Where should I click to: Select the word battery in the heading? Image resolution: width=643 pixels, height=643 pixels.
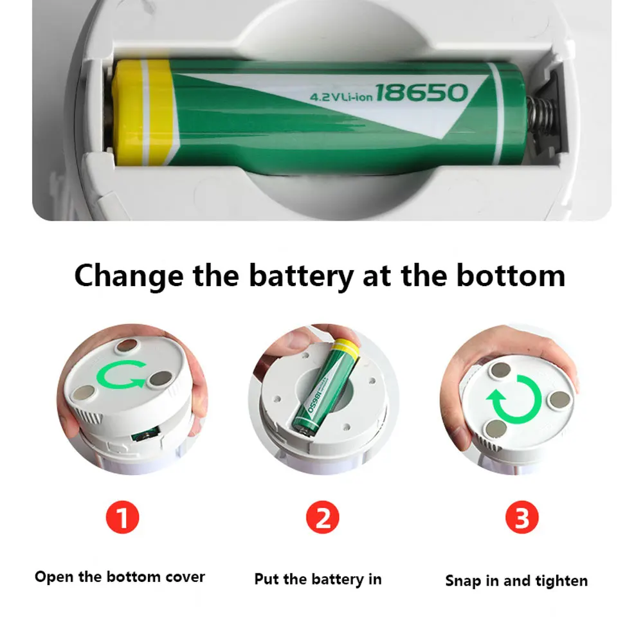point(301,275)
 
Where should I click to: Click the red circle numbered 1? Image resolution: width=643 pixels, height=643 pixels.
point(122,518)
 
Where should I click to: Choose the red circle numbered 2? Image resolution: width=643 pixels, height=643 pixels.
point(323,518)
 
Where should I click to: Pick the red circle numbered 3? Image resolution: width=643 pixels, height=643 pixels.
point(521,518)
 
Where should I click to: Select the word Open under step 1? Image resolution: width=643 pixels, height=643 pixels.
point(55,577)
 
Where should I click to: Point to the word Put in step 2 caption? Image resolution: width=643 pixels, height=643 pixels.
point(267,579)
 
